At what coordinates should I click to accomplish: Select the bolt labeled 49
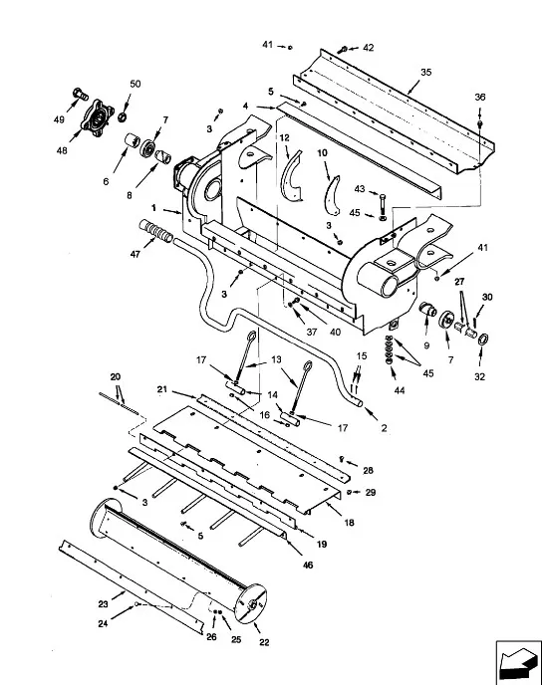point(77,97)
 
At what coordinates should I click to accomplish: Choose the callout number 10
point(322,153)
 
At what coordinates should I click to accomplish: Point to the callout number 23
point(103,602)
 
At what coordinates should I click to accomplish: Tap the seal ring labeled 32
point(482,342)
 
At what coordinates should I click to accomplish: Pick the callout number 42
point(369,48)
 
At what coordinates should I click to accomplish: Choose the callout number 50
point(135,85)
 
